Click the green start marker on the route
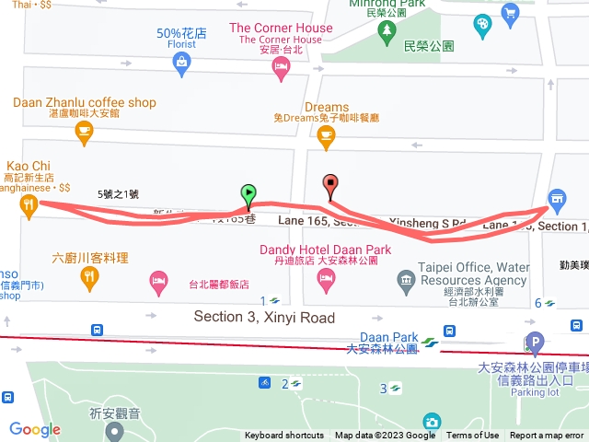point(248,193)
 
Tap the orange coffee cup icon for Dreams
point(325,136)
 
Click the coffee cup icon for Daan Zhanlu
point(84,134)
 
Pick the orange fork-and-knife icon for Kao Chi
point(29,205)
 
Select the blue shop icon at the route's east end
point(556,198)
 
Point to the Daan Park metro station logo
point(430,343)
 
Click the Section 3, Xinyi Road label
point(264,317)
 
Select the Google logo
point(35,429)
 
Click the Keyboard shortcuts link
point(284,436)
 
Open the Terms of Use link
point(473,436)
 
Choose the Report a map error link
point(547,436)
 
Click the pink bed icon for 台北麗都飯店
point(158,279)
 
